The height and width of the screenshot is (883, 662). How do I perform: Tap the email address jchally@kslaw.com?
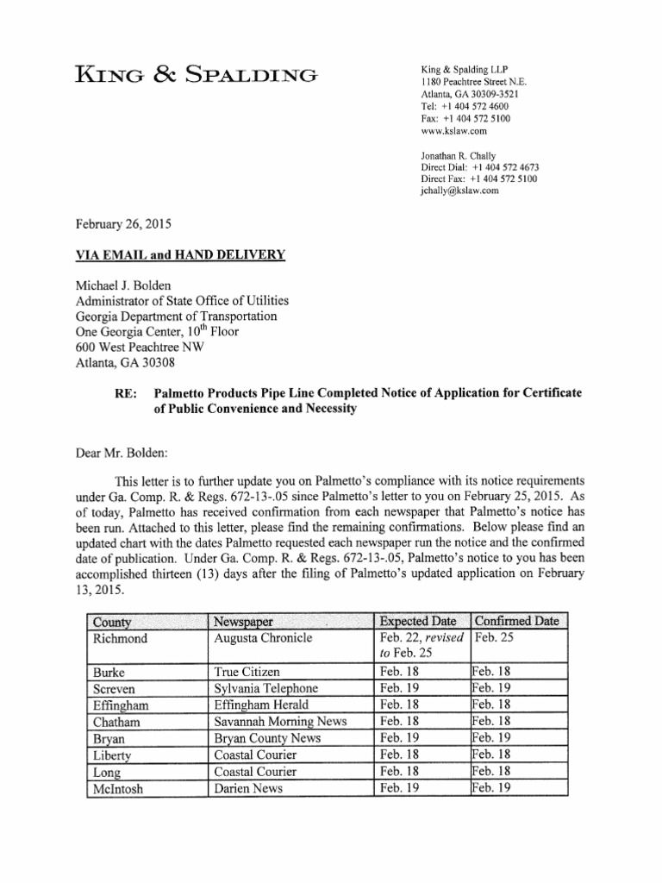click(x=459, y=191)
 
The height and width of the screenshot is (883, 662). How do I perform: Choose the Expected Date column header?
click(x=422, y=621)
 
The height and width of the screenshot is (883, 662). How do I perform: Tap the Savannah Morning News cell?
click(x=274, y=721)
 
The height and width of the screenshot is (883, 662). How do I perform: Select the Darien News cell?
click(x=248, y=786)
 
